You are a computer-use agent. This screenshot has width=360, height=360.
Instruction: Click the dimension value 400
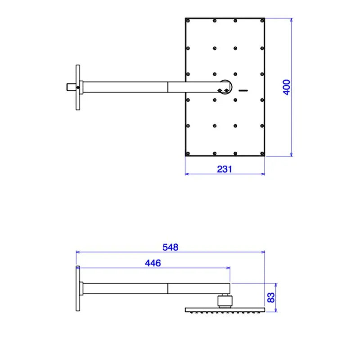[x=287, y=87]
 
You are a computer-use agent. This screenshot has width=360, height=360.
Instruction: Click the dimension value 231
[x=224, y=169]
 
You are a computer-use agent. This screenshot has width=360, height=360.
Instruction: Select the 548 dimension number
[x=171, y=247]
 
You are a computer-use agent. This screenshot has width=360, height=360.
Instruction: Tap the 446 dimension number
[x=153, y=263]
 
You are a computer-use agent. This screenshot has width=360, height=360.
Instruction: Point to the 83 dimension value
[x=271, y=298]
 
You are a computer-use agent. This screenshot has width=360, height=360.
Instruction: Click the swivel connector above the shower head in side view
[x=224, y=300]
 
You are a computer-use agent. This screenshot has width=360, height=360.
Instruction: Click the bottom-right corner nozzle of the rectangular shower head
[x=261, y=153]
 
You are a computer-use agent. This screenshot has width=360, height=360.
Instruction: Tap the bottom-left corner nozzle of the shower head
[x=189, y=153]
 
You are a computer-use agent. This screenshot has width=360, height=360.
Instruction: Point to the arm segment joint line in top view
[x=168, y=86]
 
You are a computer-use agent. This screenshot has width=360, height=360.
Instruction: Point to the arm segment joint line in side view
[x=168, y=288]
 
